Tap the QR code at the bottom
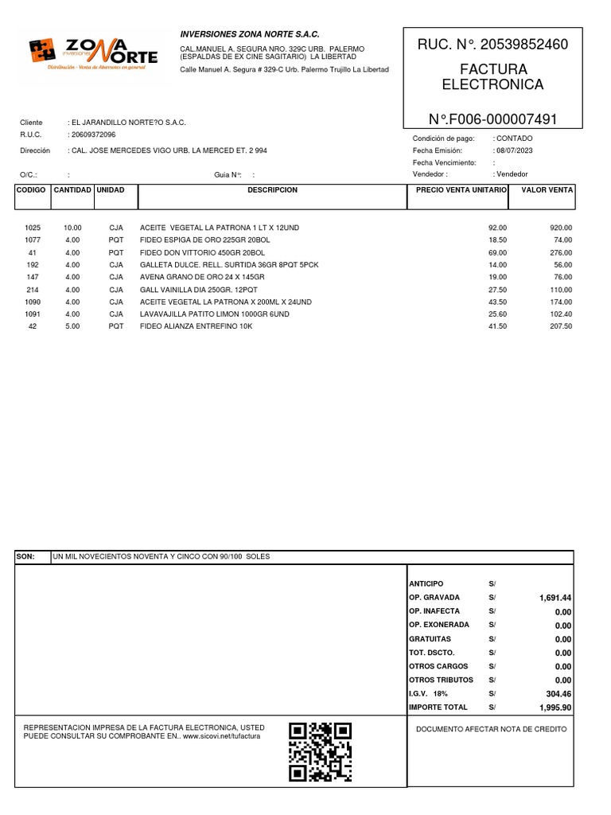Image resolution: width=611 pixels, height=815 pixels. point(320,751)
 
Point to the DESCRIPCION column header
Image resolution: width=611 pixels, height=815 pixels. point(272,191)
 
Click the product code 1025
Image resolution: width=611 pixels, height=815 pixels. point(33,228)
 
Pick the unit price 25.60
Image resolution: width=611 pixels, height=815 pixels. point(497,314)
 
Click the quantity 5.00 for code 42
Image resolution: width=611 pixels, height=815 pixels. point(72,326)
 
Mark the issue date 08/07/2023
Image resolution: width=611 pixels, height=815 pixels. point(515,150)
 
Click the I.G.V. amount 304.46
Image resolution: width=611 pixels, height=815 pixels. point(557,693)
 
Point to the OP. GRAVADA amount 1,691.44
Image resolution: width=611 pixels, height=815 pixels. point(554,598)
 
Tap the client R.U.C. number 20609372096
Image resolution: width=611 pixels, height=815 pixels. point(93,135)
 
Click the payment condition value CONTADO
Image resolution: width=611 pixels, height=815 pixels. point(515,138)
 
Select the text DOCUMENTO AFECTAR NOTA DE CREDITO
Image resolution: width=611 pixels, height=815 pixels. point(492,729)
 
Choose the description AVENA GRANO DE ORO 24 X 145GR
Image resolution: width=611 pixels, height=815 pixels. point(201,277)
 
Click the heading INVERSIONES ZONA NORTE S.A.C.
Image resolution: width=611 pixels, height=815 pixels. point(250,35)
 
